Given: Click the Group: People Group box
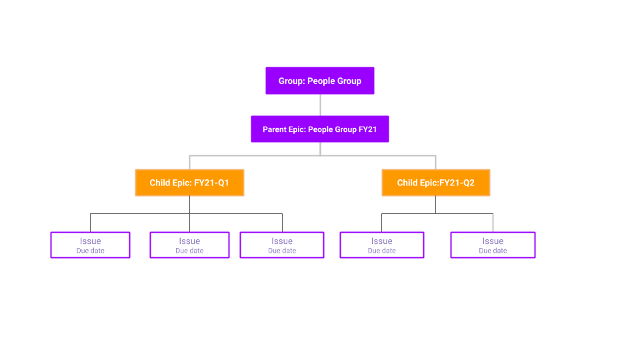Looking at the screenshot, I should (x=319, y=81).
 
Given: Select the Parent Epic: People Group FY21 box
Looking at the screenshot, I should (x=319, y=129).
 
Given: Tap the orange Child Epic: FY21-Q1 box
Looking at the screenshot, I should (x=189, y=183).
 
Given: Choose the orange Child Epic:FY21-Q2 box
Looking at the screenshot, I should (x=435, y=183).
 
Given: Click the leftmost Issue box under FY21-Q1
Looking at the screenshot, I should (x=90, y=245).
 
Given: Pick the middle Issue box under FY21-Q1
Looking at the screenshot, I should (x=189, y=245).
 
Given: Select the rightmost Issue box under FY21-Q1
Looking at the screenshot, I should (x=281, y=245).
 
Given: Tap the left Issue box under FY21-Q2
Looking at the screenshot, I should (x=381, y=245).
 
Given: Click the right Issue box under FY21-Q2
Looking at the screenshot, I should (x=493, y=245).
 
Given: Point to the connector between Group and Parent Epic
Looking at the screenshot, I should (x=320, y=105).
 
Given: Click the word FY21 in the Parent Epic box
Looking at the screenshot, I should (x=367, y=129).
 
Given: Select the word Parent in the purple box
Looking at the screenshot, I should (x=275, y=129).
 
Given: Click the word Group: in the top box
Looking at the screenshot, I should (x=291, y=81).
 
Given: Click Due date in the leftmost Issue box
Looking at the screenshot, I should (x=90, y=251).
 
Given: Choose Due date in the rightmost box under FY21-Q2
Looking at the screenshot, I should (x=493, y=251).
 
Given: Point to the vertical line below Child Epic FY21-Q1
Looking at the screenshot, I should (x=189, y=205).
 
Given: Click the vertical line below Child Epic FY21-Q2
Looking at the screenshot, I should (x=435, y=205).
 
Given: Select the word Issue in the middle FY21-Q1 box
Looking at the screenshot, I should (x=189, y=241).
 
